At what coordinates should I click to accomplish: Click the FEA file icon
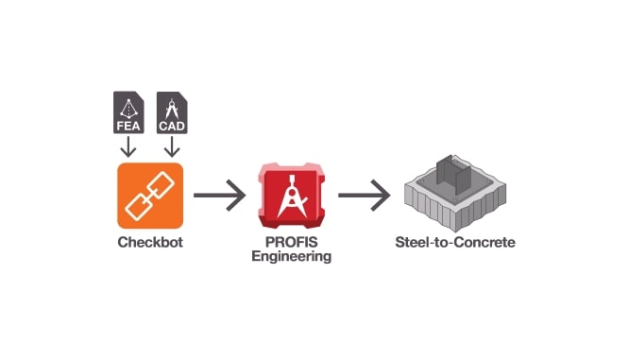pos(128,112)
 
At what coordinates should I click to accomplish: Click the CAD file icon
pos(170,112)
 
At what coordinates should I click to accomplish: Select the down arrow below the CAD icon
pos(170,147)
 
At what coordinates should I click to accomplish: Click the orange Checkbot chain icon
pos(149,196)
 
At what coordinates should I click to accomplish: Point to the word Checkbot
pos(149,243)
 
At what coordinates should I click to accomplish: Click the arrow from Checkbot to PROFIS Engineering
pos(219,197)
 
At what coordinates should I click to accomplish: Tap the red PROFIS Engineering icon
pos(292,197)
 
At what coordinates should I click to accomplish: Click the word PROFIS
pos(292,243)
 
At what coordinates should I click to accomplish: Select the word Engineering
pos(292,256)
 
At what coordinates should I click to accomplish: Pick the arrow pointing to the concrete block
pos(364,197)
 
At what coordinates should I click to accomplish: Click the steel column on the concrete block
pos(453,180)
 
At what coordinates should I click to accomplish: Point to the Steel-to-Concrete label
pos(454,243)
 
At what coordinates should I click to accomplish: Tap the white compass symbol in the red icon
pos(292,195)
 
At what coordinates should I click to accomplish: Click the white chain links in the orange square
pos(149,196)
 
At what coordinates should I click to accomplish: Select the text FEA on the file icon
pos(128,123)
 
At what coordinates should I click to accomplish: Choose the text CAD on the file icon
pos(170,123)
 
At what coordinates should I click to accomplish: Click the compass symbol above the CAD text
pos(170,105)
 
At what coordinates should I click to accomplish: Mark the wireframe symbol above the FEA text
pos(128,105)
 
